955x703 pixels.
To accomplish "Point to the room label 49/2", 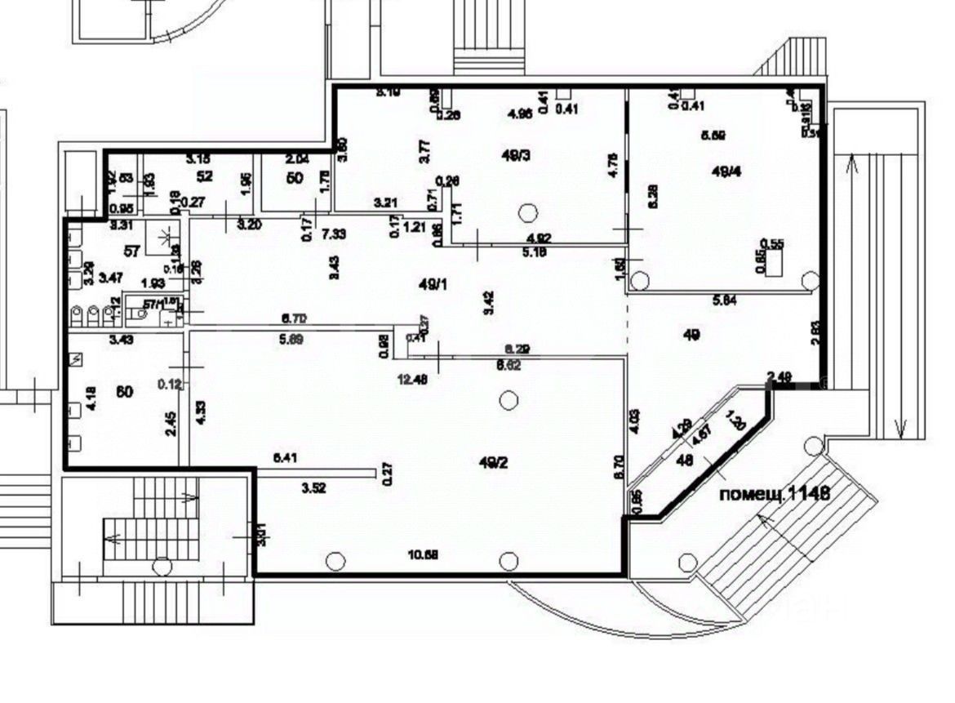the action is (494, 462).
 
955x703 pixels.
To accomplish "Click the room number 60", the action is (125, 392).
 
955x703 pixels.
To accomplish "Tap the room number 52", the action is (205, 176).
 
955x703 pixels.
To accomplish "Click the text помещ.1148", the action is (775, 493).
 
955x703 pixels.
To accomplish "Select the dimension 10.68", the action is (423, 555).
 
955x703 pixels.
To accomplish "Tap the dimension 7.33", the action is (332, 234).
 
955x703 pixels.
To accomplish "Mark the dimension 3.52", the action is (314, 489).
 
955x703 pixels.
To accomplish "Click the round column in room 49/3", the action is (529, 214).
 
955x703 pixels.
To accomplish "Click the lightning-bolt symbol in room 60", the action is (77, 358).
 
